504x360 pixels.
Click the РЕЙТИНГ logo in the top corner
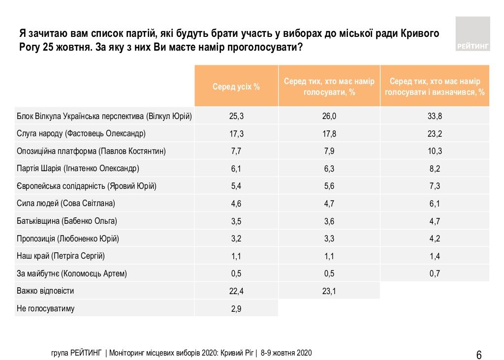pos(472,33)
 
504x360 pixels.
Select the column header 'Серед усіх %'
pos(236,87)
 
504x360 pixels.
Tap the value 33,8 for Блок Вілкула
pos(435,116)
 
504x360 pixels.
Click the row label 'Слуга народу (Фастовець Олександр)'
pos(81,134)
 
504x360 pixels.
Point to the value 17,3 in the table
pos(236,134)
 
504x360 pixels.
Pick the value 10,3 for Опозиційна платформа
pos(435,151)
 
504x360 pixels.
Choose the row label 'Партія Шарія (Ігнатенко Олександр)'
pos(78,169)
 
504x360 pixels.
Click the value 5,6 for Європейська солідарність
pos(329,186)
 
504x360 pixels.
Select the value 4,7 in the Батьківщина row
pos(435,221)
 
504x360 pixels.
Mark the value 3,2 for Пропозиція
pos(236,239)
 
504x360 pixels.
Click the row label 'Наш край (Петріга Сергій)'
pos(61,256)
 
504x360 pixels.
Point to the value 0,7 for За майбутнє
pos(435,274)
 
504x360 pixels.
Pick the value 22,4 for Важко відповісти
pos(236,291)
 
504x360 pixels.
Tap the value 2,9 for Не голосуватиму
pos(236,309)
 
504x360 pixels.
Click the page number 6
pos(479,355)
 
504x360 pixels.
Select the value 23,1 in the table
pos(329,291)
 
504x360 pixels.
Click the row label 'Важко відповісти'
pos(45,291)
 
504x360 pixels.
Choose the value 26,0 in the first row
pos(329,116)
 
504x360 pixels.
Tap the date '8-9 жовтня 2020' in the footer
pos(286,353)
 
